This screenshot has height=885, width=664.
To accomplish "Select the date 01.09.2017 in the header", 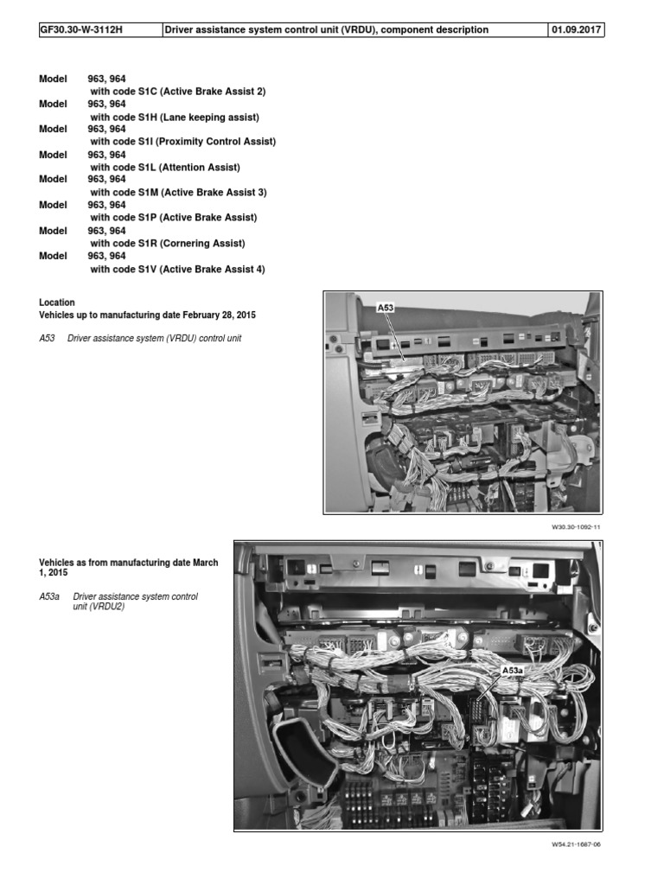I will [x=576, y=29].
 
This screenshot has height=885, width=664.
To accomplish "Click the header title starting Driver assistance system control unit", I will [x=327, y=29].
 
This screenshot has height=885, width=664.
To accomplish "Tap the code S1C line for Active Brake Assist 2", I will [x=177, y=91].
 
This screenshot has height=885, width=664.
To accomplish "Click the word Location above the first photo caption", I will [x=57, y=302].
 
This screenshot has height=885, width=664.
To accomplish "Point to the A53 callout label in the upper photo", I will [x=386, y=307].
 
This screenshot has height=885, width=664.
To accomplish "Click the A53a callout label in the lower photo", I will [x=514, y=671].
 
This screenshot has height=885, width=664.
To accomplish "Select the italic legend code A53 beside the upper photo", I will [x=47, y=338].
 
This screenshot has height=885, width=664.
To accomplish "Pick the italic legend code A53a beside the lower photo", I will [x=48, y=596].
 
